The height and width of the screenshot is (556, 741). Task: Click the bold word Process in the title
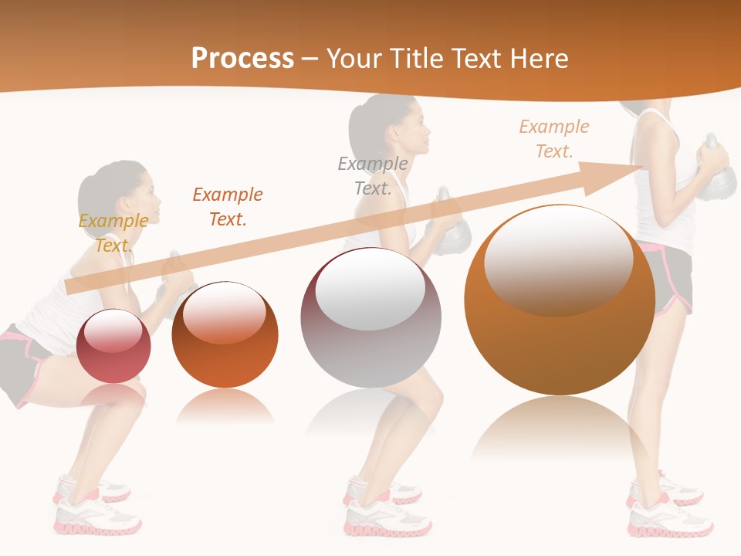click(x=242, y=59)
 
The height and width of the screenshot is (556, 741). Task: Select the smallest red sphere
click(x=114, y=346)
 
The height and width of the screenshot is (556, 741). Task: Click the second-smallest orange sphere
click(x=225, y=334)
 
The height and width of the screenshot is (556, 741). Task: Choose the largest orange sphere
click(x=560, y=300)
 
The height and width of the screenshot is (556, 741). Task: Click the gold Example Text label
click(x=113, y=232)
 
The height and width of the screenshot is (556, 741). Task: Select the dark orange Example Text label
click(x=228, y=206)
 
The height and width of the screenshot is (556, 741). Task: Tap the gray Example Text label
click(x=373, y=175)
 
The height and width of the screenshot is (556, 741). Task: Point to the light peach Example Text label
click(x=554, y=138)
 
